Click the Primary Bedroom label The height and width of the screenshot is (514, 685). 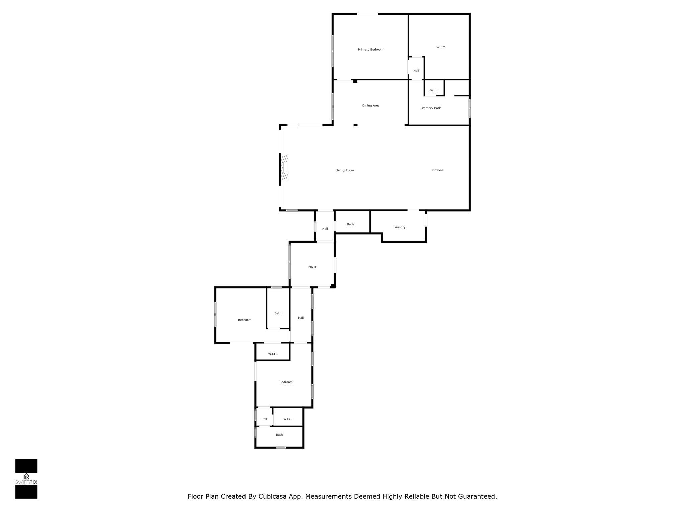370,50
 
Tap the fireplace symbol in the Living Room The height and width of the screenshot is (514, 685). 285,167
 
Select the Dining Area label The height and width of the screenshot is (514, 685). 371,106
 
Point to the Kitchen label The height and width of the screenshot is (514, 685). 437,170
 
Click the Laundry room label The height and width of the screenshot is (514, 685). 399,227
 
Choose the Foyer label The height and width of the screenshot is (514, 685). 312,267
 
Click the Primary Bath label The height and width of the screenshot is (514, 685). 431,108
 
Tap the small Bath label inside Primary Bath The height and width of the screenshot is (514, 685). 433,90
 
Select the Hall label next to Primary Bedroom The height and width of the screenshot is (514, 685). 416,71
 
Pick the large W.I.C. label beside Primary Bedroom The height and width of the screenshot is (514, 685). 441,47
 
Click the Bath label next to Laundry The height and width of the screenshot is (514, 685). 350,224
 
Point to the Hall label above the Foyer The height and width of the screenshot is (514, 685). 325,229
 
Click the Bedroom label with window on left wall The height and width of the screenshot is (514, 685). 244,320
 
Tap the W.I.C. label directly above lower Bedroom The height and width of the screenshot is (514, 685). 272,354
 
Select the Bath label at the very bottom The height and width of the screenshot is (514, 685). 279,435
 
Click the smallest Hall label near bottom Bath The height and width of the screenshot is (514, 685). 264,419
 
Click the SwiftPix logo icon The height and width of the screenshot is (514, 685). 26,477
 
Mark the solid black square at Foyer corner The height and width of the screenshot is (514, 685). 333,286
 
